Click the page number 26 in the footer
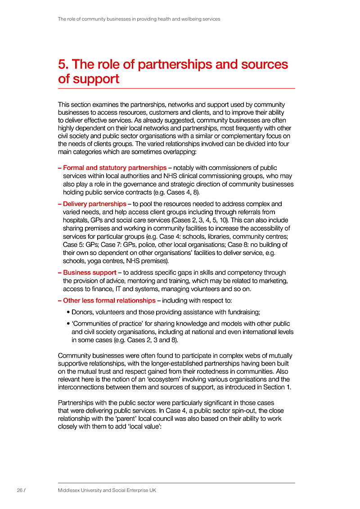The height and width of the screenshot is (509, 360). (x=20, y=490)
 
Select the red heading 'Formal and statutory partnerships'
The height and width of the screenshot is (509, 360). (x=115, y=168)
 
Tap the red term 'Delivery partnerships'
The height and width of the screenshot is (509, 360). (x=94, y=204)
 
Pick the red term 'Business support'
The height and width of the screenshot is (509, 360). (x=90, y=272)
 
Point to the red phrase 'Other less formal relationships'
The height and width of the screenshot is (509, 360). (x=109, y=300)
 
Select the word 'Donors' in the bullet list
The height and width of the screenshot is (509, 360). (x=82, y=312)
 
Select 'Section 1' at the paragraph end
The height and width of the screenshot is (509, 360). (x=278, y=387)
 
